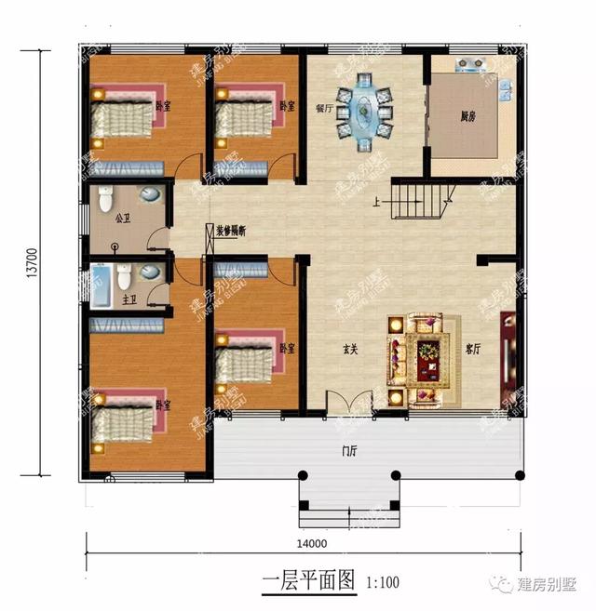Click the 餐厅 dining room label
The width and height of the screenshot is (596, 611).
pyautogui.click(x=324, y=106)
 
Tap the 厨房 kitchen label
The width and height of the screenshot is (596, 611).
pyautogui.click(x=471, y=116)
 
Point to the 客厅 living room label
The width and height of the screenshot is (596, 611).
pyautogui.click(x=473, y=350)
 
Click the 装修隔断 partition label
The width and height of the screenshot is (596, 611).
pyautogui.click(x=231, y=229)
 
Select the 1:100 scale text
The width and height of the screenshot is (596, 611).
pyautogui.click(x=382, y=583)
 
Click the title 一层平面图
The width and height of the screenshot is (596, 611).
pyautogui.click(x=308, y=582)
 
